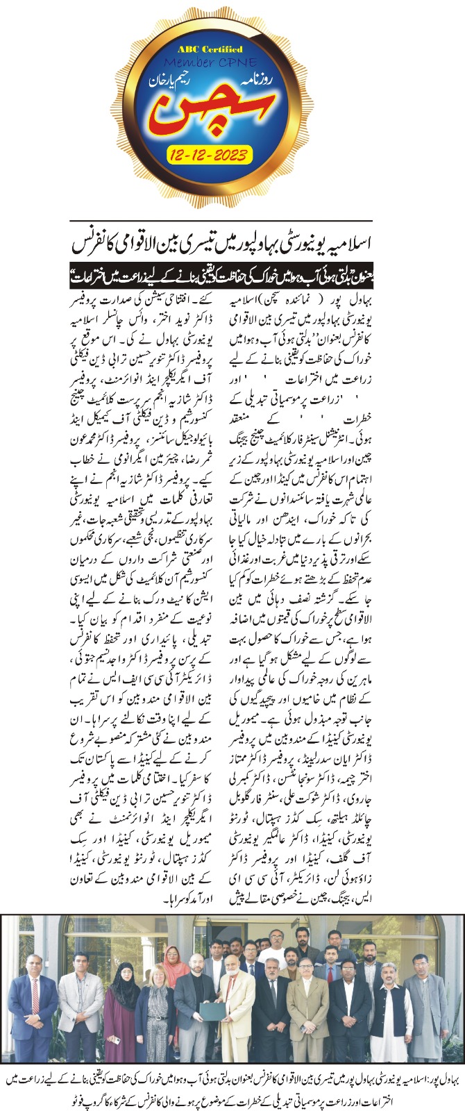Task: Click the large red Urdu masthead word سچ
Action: pos(208,111)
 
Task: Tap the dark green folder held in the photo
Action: pos(213,1021)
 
